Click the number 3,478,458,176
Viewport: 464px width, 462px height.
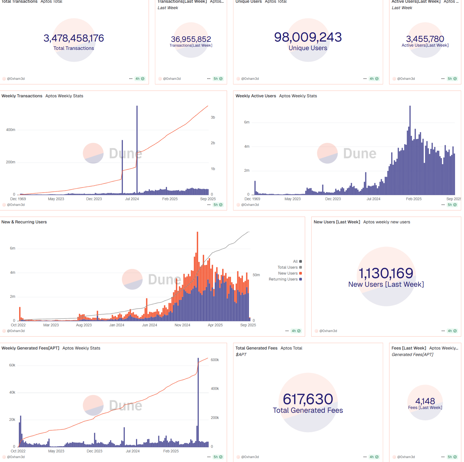pyautogui.click(x=74, y=38)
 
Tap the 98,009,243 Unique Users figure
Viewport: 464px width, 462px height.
pyautogui.click(x=308, y=37)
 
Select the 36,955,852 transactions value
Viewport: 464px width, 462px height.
pyautogui.click(x=191, y=39)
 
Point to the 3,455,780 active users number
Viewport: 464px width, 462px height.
pyautogui.click(x=425, y=39)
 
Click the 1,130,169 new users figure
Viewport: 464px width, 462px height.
pyautogui.click(x=386, y=273)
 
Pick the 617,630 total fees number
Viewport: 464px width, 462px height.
pyautogui.click(x=308, y=399)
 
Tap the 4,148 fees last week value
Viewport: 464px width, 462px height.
pyautogui.click(x=425, y=401)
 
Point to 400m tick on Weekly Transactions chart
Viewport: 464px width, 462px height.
pyautogui.click(x=11, y=130)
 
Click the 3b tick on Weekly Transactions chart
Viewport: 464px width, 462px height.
pyautogui.click(x=213, y=117)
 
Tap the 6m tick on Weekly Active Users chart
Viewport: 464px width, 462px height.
pyautogui.click(x=247, y=122)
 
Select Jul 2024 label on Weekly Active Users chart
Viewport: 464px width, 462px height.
pyautogui.click(x=373, y=199)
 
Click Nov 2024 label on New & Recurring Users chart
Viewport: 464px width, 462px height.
pyautogui.click(x=182, y=325)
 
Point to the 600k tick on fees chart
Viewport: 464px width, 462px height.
pyautogui.click(x=215, y=360)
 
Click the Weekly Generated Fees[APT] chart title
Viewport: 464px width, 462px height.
pyautogui.click(x=30, y=348)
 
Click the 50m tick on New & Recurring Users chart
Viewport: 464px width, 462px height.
pyautogui.click(x=256, y=275)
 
